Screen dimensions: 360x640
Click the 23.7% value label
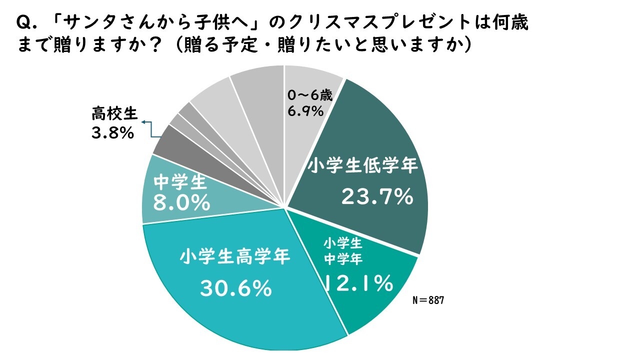(377, 197)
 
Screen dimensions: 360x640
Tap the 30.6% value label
(235, 288)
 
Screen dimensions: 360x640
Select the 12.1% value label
(357, 283)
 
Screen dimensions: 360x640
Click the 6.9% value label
(305, 111)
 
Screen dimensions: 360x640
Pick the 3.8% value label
(112, 133)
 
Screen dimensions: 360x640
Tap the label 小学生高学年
(235, 257)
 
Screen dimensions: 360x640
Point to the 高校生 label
(114, 114)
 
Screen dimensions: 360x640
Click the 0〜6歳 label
(310, 95)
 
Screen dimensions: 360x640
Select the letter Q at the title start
(23, 23)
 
